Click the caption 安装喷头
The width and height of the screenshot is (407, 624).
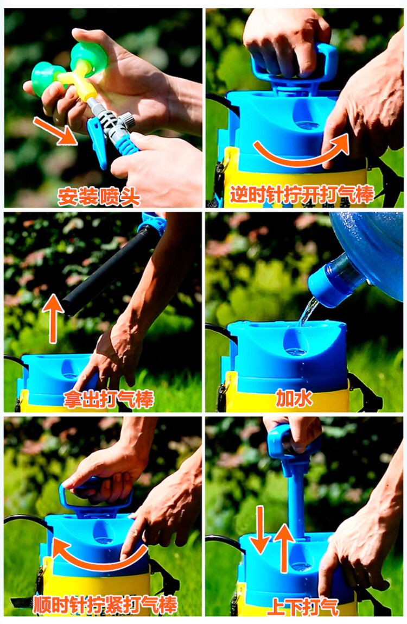[99, 197]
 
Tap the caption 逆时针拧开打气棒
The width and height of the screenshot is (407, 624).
[302, 195]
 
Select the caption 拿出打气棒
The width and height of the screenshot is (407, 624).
[109, 399]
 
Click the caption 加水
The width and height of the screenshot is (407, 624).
[294, 399]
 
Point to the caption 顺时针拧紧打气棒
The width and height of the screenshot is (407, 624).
[105, 605]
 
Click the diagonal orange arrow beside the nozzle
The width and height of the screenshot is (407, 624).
[55, 131]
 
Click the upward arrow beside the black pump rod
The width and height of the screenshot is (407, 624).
[53, 317]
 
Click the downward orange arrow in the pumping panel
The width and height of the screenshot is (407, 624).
[261, 530]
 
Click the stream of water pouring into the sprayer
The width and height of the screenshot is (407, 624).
[307, 312]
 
